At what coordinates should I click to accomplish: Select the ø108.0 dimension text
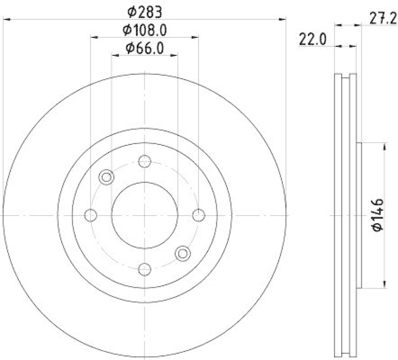coord(145,29)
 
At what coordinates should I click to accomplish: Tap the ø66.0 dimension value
coord(145,48)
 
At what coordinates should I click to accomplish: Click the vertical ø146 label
coord(378,215)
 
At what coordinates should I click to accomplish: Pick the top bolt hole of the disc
coord(144,161)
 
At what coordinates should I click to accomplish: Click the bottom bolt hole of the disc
coord(144,269)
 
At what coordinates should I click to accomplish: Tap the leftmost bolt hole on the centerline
coord(91,215)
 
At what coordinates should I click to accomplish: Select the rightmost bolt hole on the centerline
coord(199,215)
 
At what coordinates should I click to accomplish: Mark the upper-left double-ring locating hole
coord(106,177)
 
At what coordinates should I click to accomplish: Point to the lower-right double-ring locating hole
coord(183,253)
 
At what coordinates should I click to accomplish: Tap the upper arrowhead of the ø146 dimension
coord(384,145)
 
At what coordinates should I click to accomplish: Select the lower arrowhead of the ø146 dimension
coord(384,285)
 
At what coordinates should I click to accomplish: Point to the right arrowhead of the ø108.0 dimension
coord(196,36)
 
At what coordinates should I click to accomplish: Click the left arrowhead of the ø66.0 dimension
coord(114,56)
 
